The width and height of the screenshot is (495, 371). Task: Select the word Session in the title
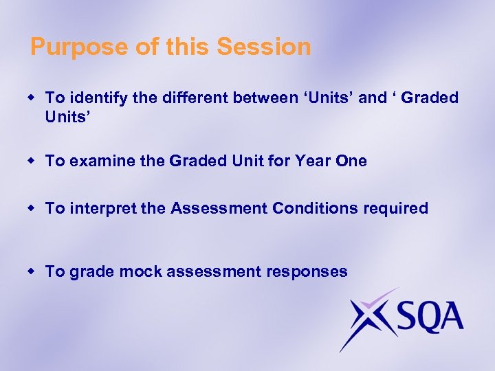tap(263, 47)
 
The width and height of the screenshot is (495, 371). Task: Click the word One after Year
tap(350, 161)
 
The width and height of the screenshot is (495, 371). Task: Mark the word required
tap(398, 209)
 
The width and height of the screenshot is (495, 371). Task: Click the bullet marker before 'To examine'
tap(32, 161)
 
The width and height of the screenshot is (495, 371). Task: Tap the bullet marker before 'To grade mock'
tap(32, 272)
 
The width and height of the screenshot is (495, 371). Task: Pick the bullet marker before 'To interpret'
tap(32, 208)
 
